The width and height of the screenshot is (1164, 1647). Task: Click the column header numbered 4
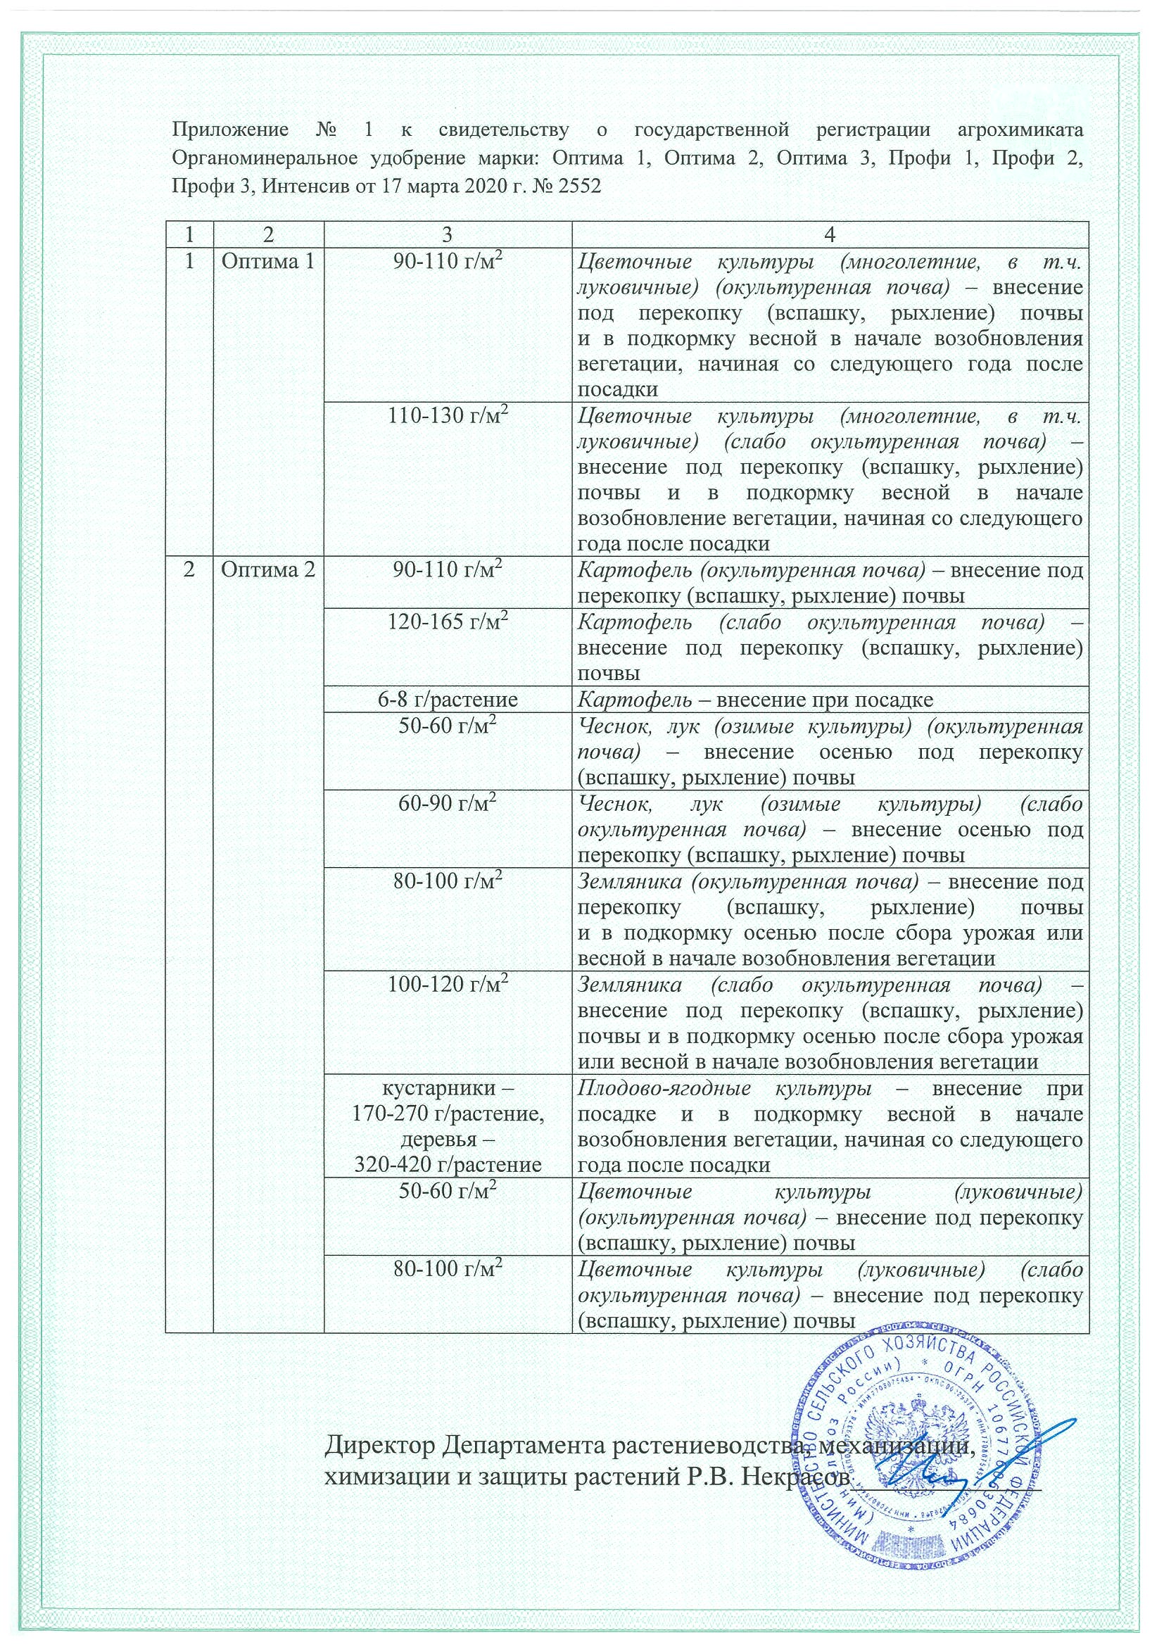click(830, 234)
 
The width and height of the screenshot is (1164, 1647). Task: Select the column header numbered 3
click(448, 234)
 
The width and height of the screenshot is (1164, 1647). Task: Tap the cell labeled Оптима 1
click(267, 261)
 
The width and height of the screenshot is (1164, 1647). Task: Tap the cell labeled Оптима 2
click(267, 569)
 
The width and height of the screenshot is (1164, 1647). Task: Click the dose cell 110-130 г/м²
click(448, 416)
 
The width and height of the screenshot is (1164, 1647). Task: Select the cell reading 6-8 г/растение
click(448, 700)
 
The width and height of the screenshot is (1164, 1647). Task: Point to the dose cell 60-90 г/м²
click(448, 804)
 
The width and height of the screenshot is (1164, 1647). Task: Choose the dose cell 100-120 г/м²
click(448, 985)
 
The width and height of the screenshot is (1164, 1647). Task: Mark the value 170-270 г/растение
click(448, 1114)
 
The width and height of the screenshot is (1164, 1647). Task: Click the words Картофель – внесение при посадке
click(755, 700)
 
